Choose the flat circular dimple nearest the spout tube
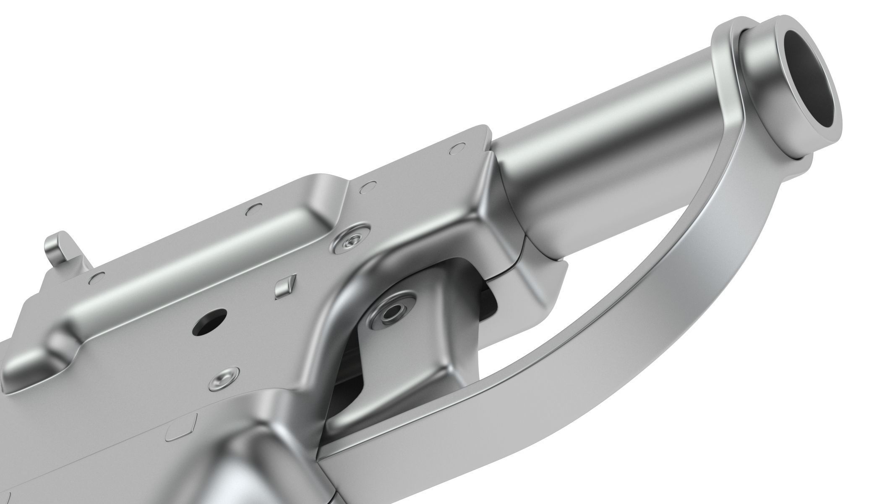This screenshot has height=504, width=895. (457, 147)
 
